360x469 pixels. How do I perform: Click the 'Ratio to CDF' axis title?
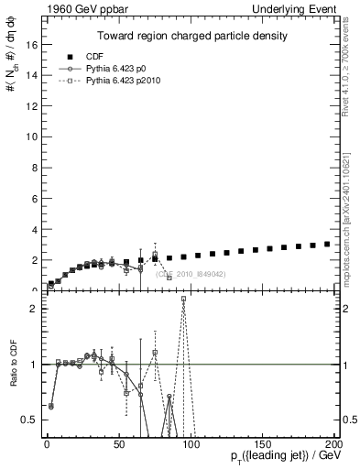coord(12,366)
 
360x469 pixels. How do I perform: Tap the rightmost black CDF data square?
coord(327,244)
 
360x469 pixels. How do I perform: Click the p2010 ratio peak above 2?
coord(183,300)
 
